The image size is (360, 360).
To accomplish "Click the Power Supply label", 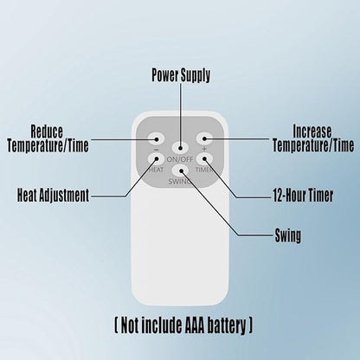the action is pyautogui.click(x=181, y=75).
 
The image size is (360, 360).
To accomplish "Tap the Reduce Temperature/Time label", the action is pyautogui.click(x=48, y=138).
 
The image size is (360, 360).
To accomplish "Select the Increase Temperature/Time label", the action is pyautogui.click(x=313, y=138).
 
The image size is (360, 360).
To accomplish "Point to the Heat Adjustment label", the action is pyautogui.click(x=53, y=196).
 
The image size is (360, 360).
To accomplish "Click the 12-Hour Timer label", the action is pyautogui.click(x=303, y=196).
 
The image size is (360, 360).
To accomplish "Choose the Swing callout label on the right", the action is pyautogui.click(x=288, y=235).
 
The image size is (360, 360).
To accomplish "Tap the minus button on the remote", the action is pyautogui.click(x=156, y=138).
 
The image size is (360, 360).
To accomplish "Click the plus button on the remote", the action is pyautogui.click(x=204, y=138).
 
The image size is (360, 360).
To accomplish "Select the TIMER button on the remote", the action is pyautogui.click(x=204, y=158).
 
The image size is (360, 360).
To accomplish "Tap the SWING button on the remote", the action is pyautogui.click(x=180, y=170).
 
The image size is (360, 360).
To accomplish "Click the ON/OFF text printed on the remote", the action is pyautogui.click(x=180, y=159).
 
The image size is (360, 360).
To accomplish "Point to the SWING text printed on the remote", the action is pyautogui.click(x=179, y=182).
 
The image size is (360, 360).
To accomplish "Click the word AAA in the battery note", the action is pyautogui.click(x=194, y=325).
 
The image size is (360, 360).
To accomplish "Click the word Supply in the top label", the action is pyautogui.click(x=196, y=75).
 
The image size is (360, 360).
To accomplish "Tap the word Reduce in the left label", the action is pyautogui.click(x=47, y=132).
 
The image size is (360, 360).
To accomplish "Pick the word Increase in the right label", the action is pyautogui.click(x=312, y=132).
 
